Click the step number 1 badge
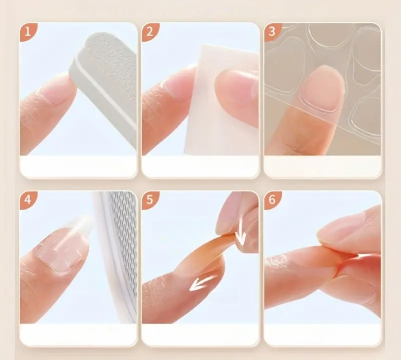[x=28, y=32]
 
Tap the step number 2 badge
[x=150, y=32]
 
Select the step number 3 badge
[x=272, y=32]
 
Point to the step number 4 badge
[x=28, y=200]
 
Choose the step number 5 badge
[x=150, y=200]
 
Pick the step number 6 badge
[x=272, y=200]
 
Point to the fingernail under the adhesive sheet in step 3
[x=322, y=89]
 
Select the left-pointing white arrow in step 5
[x=204, y=283]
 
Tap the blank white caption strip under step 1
[x=78, y=166]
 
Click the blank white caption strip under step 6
[x=322, y=334]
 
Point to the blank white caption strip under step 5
[x=201, y=334]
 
